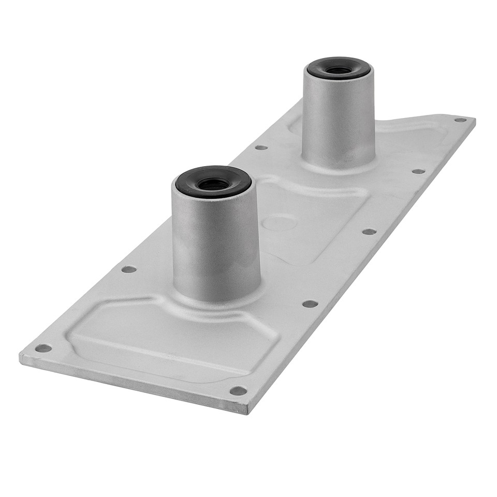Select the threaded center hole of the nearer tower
click(213, 183)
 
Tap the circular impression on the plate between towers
click(279, 223)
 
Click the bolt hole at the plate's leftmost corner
click(43, 348)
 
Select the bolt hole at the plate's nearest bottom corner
click(238, 390)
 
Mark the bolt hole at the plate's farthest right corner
click(460, 120)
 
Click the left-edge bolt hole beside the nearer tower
click(128, 269)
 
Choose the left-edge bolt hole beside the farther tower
click(261, 148)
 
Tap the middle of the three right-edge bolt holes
click(369, 231)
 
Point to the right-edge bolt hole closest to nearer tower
click(310, 303)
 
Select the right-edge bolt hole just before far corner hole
click(418, 171)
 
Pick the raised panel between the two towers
click(311, 217)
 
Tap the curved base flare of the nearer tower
click(217, 299)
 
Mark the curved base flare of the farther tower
click(339, 165)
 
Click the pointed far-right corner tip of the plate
click(474, 121)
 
